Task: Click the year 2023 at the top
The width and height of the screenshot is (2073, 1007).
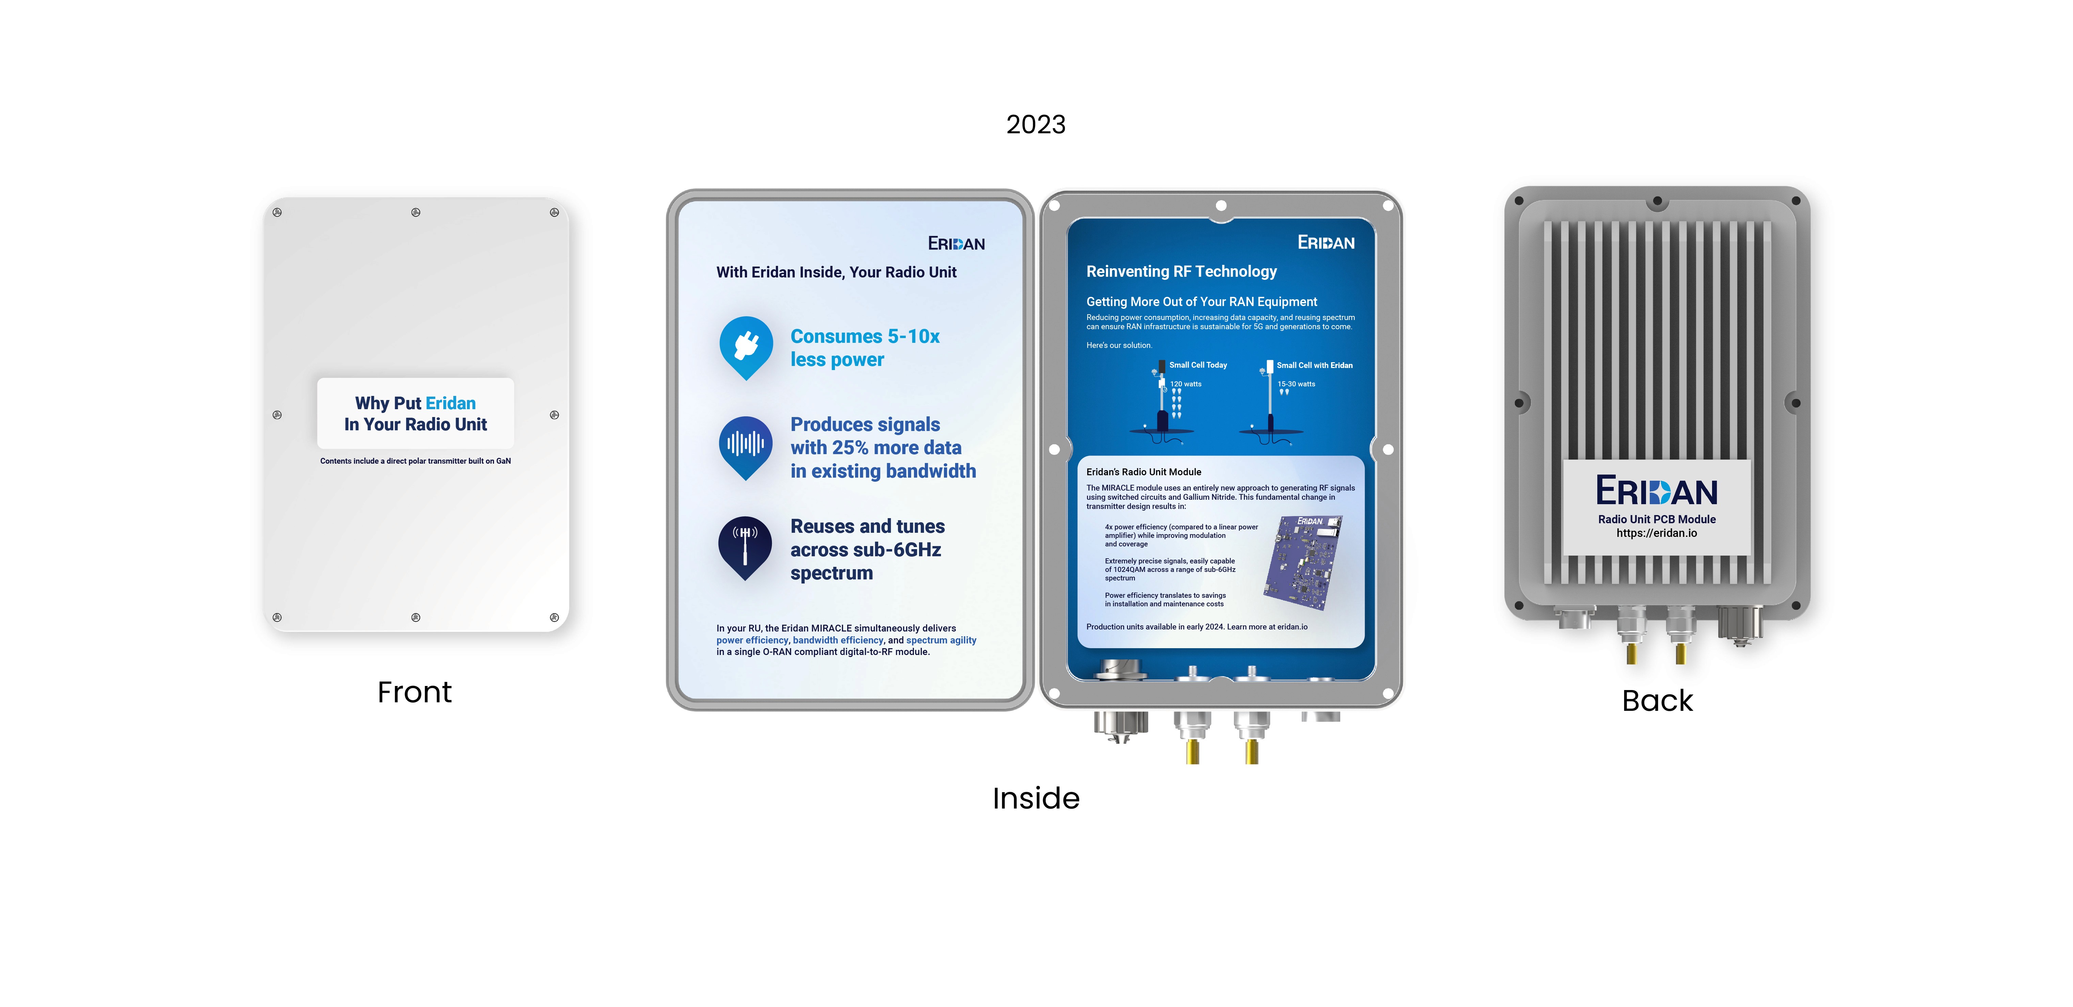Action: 1036,125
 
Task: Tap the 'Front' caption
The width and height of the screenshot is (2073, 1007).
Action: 414,692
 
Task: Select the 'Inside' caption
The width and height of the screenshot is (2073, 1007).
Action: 1036,798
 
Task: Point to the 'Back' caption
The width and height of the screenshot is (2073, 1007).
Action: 1657,701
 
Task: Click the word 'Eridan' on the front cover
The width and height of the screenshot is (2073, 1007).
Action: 450,403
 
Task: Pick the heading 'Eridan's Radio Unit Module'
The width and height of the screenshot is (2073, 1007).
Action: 1143,472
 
